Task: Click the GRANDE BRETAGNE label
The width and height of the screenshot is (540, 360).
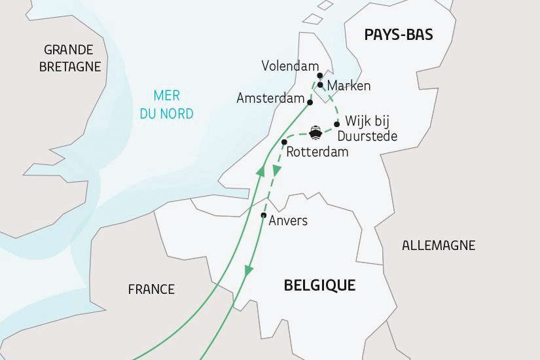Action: coord(70,58)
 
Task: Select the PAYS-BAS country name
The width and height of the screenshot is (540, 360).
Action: coord(399,35)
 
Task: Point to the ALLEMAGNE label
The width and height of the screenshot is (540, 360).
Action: coord(439,246)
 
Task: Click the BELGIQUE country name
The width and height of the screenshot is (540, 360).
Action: coord(319,285)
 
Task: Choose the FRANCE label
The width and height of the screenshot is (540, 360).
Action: coord(151,289)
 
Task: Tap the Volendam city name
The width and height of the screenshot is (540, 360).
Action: coord(289,67)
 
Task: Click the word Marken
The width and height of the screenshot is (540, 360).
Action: coord(349,86)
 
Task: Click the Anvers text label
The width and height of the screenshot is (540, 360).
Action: coord(288,221)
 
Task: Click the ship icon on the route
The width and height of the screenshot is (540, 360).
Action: coord(315,133)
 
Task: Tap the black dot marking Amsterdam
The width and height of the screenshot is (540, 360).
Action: coord(310,100)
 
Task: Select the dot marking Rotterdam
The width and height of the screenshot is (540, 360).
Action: coord(284,142)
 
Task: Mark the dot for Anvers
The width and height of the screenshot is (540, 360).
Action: coord(263,216)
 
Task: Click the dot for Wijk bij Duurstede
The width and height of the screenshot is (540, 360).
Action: coord(336,124)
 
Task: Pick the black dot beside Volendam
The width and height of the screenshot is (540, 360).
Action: coord(320,75)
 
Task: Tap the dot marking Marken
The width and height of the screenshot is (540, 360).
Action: coord(320,84)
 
